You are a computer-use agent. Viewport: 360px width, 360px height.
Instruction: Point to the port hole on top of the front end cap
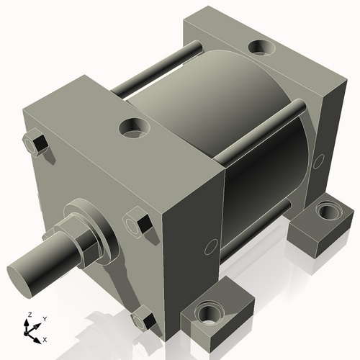click(132, 129)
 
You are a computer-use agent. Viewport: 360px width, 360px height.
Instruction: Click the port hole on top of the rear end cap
click(261, 49)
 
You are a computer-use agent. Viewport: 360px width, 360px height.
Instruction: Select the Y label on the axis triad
click(44, 318)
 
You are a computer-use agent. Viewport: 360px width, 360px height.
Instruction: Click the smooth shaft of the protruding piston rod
click(47, 263)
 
